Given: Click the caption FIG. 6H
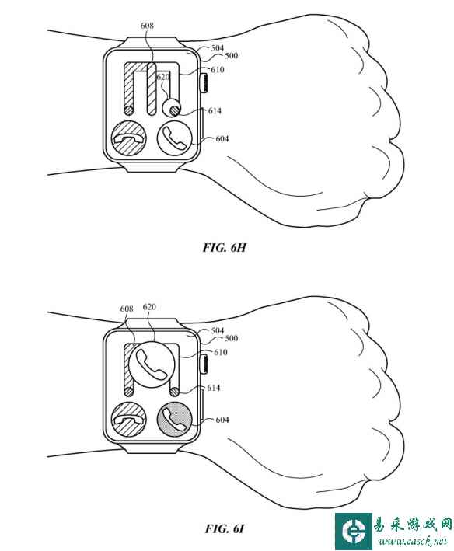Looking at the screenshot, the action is (224, 247).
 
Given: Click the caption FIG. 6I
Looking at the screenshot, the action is (224, 528).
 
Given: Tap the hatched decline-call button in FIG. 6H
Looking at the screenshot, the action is (128, 138).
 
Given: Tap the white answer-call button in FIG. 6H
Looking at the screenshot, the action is (174, 138).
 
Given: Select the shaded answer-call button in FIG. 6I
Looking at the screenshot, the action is (174, 420).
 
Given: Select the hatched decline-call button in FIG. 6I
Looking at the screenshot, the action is (128, 420).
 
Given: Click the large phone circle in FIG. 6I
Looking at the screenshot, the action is (152, 364).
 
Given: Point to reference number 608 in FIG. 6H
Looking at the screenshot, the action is (147, 26).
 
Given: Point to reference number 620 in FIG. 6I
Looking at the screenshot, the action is (149, 307).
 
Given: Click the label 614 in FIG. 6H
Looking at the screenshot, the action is (215, 111).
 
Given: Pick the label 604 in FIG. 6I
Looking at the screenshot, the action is (222, 420).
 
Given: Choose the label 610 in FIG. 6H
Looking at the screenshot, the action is (218, 70).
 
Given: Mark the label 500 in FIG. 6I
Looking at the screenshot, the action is (232, 338).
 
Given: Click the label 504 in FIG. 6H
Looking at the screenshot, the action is (217, 47).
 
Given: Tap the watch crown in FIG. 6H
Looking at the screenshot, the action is (204, 83).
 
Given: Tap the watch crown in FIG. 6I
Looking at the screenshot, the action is (204, 364).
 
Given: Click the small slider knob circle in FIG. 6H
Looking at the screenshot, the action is (172, 108).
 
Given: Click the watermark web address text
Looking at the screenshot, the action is (412, 542).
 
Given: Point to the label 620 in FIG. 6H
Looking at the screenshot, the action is (163, 77).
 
